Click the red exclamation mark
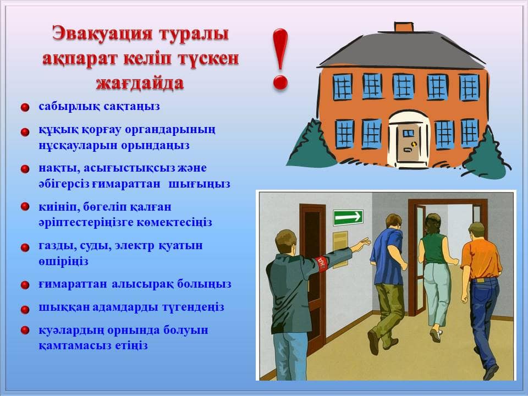pos(280,59)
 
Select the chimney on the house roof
pos(403,27)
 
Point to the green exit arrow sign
pos(348,217)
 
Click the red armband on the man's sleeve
pos(322,263)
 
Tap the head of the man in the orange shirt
pos(476,230)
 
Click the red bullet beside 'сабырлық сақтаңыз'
pos(25,107)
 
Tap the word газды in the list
pos(54,246)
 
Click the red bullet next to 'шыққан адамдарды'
pos(25,309)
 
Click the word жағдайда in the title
pos(140,83)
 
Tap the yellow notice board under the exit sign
pos(340,250)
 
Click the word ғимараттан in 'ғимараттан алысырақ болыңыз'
pos(73,284)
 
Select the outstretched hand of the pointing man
pos(363,243)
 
